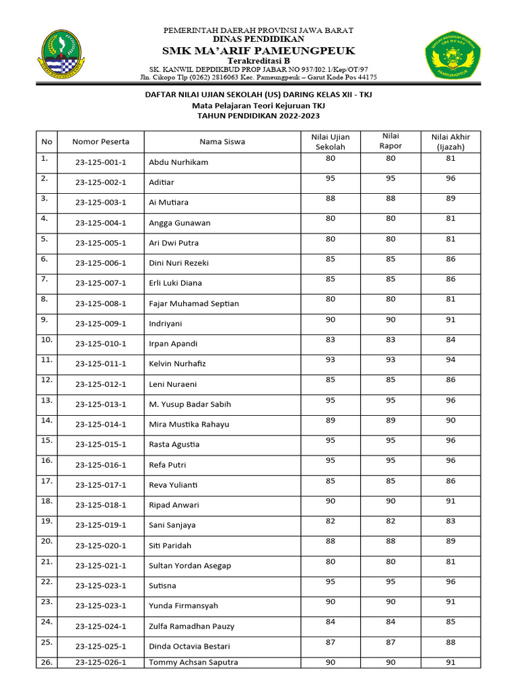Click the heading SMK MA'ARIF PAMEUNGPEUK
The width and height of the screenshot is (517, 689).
[258, 51]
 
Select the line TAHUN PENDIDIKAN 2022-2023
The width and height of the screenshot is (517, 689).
[258, 116]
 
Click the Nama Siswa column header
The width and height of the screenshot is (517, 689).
[222, 142]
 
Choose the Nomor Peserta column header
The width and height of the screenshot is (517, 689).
[101, 142]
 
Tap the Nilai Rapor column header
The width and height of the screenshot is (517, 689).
[390, 141]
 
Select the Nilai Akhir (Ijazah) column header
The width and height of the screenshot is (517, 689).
[450, 141]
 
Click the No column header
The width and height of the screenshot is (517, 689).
[46, 142]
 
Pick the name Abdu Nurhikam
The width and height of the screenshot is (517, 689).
[178, 162]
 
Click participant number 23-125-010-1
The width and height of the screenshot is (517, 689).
[101, 344]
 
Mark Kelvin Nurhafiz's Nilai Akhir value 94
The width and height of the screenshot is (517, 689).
[450, 360]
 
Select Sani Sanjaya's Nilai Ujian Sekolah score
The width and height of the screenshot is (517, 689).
[330, 521]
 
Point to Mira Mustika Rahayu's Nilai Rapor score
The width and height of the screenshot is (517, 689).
[390, 421]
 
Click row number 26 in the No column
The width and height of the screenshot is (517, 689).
[46, 662]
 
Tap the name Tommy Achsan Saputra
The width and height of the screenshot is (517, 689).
[193, 663]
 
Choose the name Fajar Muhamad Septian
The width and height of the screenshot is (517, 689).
[193, 303]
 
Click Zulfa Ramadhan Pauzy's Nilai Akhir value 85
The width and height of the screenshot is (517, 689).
[450, 622]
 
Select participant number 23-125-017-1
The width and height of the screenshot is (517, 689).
[101, 485]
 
